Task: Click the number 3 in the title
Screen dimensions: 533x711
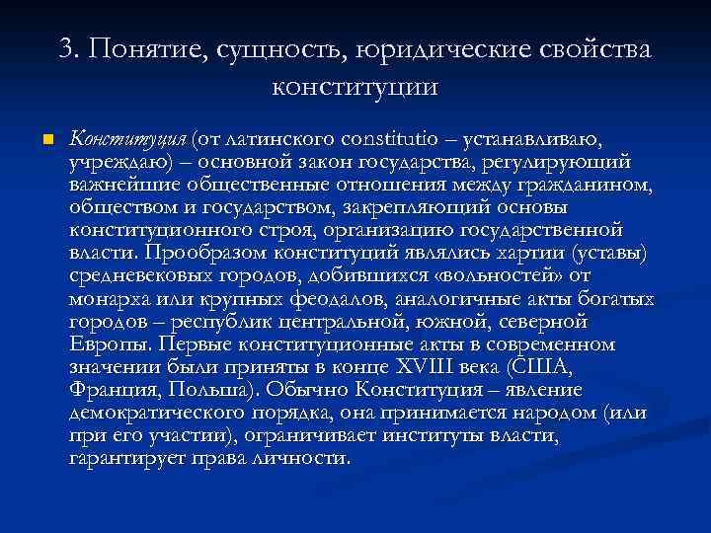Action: pyautogui.click(x=68, y=50)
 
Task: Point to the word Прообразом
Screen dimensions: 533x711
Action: pyautogui.click(x=204, y=252)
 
